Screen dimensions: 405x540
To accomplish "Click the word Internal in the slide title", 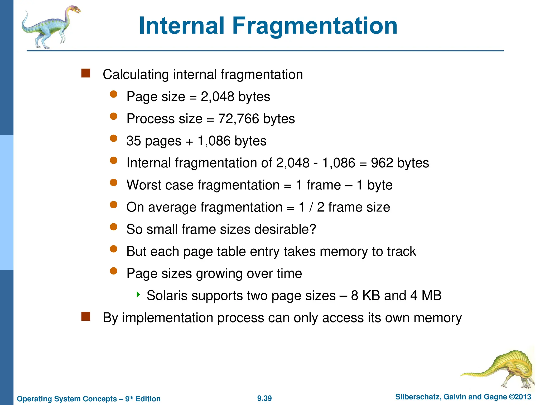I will (x=182, y=26).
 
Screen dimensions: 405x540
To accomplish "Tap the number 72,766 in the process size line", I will (x=239, y=119).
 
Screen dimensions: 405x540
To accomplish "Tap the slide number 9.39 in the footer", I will (x=264, y=398).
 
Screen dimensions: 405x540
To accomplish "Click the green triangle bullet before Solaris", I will (x=138, y=294).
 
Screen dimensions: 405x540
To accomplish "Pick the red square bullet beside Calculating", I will (x=86, y=73).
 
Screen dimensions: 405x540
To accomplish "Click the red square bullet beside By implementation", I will (x=86, y=316).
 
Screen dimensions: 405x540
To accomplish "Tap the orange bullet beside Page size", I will (x=114, y=94).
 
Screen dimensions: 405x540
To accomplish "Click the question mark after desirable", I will (x=313, y=229).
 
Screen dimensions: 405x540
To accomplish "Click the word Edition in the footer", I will (x=148, y=399).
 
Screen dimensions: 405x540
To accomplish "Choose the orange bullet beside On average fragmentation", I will (x=114, y=205).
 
